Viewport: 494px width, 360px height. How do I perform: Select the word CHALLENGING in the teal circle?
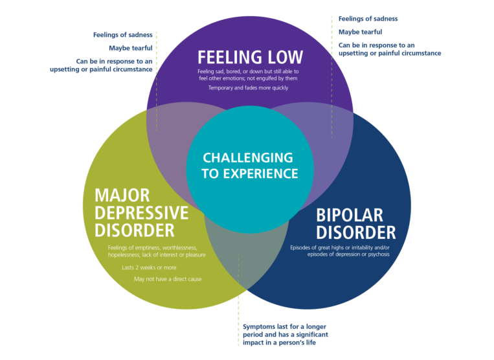point(248,157)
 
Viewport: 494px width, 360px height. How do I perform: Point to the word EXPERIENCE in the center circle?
point(258,174)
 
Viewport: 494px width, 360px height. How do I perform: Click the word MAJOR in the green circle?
point(122,196)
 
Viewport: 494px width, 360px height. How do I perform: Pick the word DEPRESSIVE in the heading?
point(142,213)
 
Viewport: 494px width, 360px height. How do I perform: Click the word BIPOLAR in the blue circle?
point(350,215)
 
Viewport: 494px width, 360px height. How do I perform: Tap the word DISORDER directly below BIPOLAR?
point(355,232)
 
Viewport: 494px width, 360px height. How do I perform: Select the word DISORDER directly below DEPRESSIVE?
point(135,231)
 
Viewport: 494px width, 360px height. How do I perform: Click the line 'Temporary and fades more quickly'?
point(248,87)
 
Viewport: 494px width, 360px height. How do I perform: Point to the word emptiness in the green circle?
point(145,248)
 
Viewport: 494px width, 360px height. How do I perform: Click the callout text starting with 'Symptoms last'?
point(286,334)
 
